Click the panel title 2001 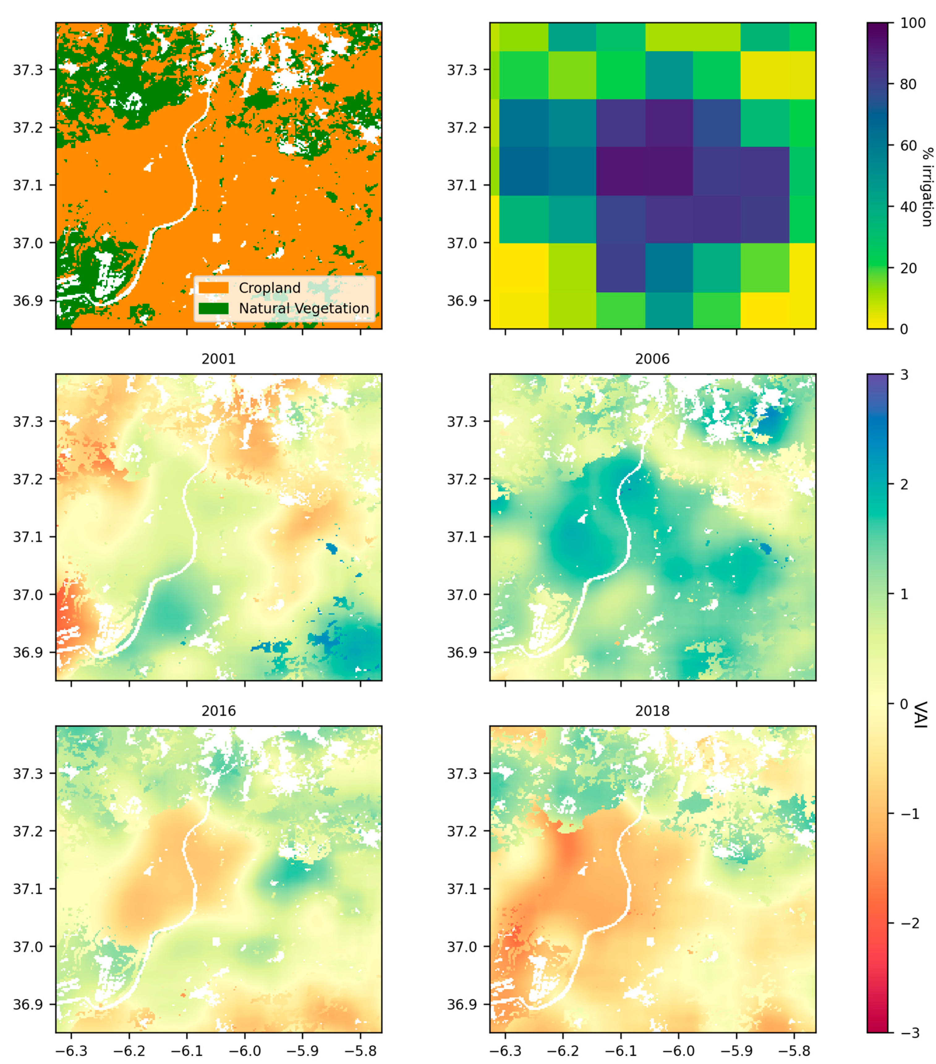click(x=218, y=359)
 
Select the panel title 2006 click(x=652, y=359)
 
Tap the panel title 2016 click(x=218, y=711)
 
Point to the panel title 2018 click(x=652, y=711)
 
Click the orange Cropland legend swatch click(x=213, y=288)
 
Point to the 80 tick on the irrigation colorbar click(x=909, y=84)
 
